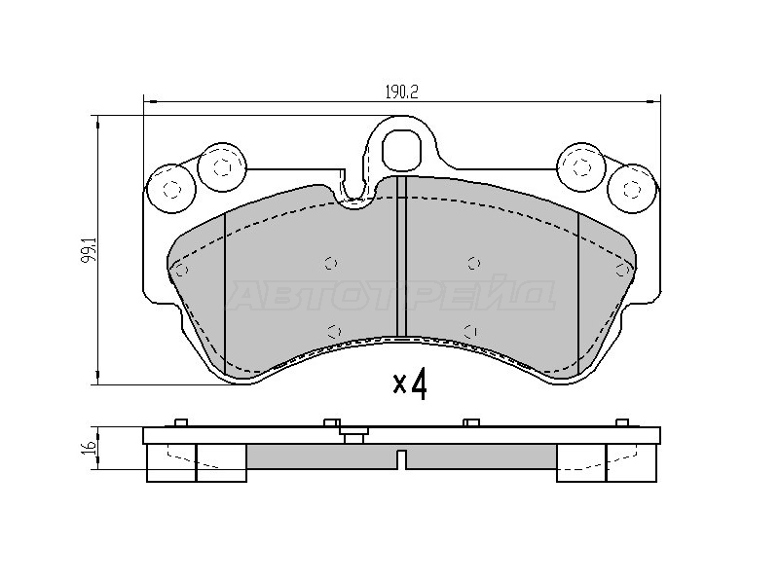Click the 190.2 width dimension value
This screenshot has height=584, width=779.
(402, 92)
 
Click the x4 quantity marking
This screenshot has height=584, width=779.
(410, 384)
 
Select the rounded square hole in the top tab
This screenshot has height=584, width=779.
(402, 149)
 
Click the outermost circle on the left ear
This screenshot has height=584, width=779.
(172, 189)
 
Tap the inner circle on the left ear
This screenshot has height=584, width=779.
(222, 166)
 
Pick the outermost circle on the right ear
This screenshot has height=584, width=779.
(632, 189)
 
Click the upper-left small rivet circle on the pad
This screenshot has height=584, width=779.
(331, 263)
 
